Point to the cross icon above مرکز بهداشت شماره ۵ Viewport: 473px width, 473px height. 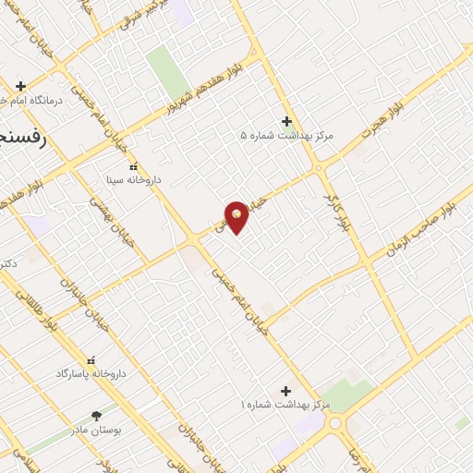pyautogui.click(x=286, y=121)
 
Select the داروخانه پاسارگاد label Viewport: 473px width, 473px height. pyautogui.click(x=90, y=373)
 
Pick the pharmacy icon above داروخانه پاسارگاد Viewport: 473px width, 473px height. pyautogui.click(x=91, y=360)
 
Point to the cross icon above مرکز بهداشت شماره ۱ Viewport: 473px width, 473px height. pyautogui.click(x=285, y=392)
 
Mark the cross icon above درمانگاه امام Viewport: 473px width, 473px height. pyautogui.click(x=20, y=86)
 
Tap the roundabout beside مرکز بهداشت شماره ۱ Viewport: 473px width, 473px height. pyautogui.click(x=334, y=424)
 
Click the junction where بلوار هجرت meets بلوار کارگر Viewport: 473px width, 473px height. pyautogui.click(x=319, y=167)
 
